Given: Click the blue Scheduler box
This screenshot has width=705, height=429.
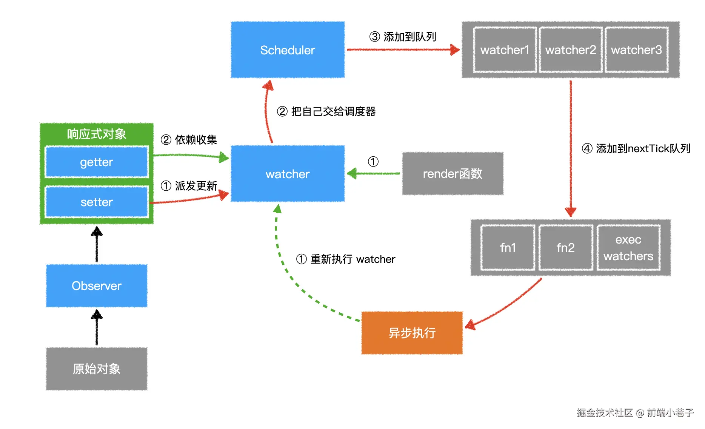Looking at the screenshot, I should [x=288, y=50].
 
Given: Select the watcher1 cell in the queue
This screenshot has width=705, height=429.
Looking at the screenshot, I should [x=505, y=50].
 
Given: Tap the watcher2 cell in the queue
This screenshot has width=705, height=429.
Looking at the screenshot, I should [x=570, y=50].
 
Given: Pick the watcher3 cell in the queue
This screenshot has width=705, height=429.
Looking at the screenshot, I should [x=636, y=50].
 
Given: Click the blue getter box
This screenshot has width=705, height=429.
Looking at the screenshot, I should [x=97, y=162].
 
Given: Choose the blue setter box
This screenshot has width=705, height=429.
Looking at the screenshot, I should [x=97, y=202].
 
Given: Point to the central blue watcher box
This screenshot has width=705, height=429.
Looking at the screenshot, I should [x=288, y=174].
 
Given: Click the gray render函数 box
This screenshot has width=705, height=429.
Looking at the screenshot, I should [x=453, y=174].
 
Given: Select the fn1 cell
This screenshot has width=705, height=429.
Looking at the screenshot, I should [x=508, y=248].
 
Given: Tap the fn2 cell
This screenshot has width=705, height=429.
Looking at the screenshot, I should [x=565, y=248].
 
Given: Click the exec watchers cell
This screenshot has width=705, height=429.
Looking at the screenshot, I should [x=628, y=248].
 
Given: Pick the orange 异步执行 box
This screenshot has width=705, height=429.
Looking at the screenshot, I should [x=412, y=333].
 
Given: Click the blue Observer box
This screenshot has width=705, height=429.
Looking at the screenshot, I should [x=97, y=286].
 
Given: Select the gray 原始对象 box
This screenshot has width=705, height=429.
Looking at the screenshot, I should [x=97, y=369].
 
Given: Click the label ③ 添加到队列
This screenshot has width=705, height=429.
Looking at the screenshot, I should [x=403, y=37].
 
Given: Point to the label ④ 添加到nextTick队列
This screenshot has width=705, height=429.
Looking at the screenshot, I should [x=636, y=148].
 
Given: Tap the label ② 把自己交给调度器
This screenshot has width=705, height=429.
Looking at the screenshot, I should [x=326, y=111].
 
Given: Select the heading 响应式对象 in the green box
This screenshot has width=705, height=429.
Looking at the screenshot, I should [x=97, y=134].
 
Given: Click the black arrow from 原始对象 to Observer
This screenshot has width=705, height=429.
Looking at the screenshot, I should [x=97, y=328].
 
